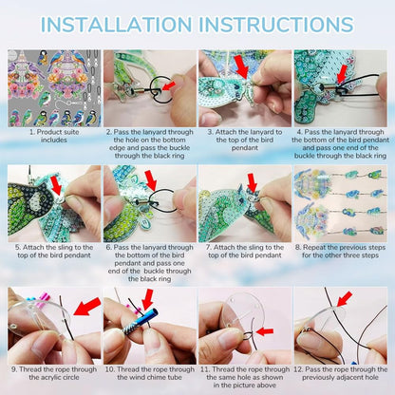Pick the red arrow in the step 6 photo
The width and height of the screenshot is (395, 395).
[150, 180]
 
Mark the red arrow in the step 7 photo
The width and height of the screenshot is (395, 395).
[251, 183]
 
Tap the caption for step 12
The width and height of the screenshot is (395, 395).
[340, 373]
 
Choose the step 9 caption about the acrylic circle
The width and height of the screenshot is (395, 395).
[53, 373]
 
